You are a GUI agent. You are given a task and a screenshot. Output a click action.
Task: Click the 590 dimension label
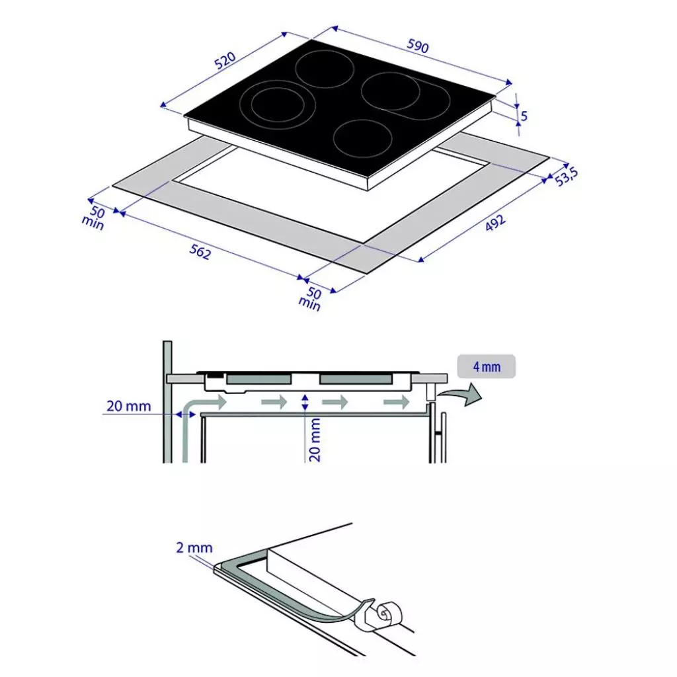pos(418,47)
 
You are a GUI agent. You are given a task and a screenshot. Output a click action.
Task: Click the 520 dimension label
pos(225,61)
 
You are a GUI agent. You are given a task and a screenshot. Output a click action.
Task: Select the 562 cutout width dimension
pos(200,251)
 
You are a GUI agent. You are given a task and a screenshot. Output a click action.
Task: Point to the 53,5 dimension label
pos(567,177)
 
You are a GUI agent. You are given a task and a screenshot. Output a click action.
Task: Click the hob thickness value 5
pos(524,116)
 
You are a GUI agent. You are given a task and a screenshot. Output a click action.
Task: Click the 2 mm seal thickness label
pos(194,548)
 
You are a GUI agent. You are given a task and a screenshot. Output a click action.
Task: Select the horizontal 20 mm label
pos(129,406)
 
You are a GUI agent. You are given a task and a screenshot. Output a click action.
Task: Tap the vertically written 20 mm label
pos(315,439)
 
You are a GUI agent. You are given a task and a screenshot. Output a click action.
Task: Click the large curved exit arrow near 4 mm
pos(464,395)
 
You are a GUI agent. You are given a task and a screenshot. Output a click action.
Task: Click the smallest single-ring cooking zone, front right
pos(362,137)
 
